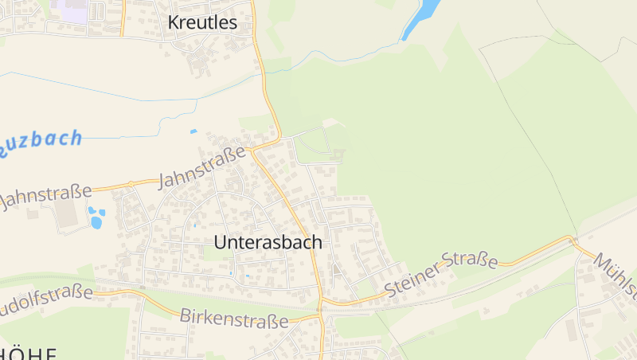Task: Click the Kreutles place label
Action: (x=202, y=23)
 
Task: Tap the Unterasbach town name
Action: (x=268, y=242)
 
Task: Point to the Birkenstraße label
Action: (x=233, y=319)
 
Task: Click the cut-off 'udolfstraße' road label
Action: (x=44, y=300)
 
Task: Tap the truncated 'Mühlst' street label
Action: (x=616, y=276)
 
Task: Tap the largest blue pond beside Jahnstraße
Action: (x=96, y=222)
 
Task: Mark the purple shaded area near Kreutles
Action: (x=70, y=11)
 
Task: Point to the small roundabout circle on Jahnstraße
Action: (x=131, y=184)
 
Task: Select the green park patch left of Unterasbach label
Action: (x=213, y=252)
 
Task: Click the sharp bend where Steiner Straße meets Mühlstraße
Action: (x=571, y=238)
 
